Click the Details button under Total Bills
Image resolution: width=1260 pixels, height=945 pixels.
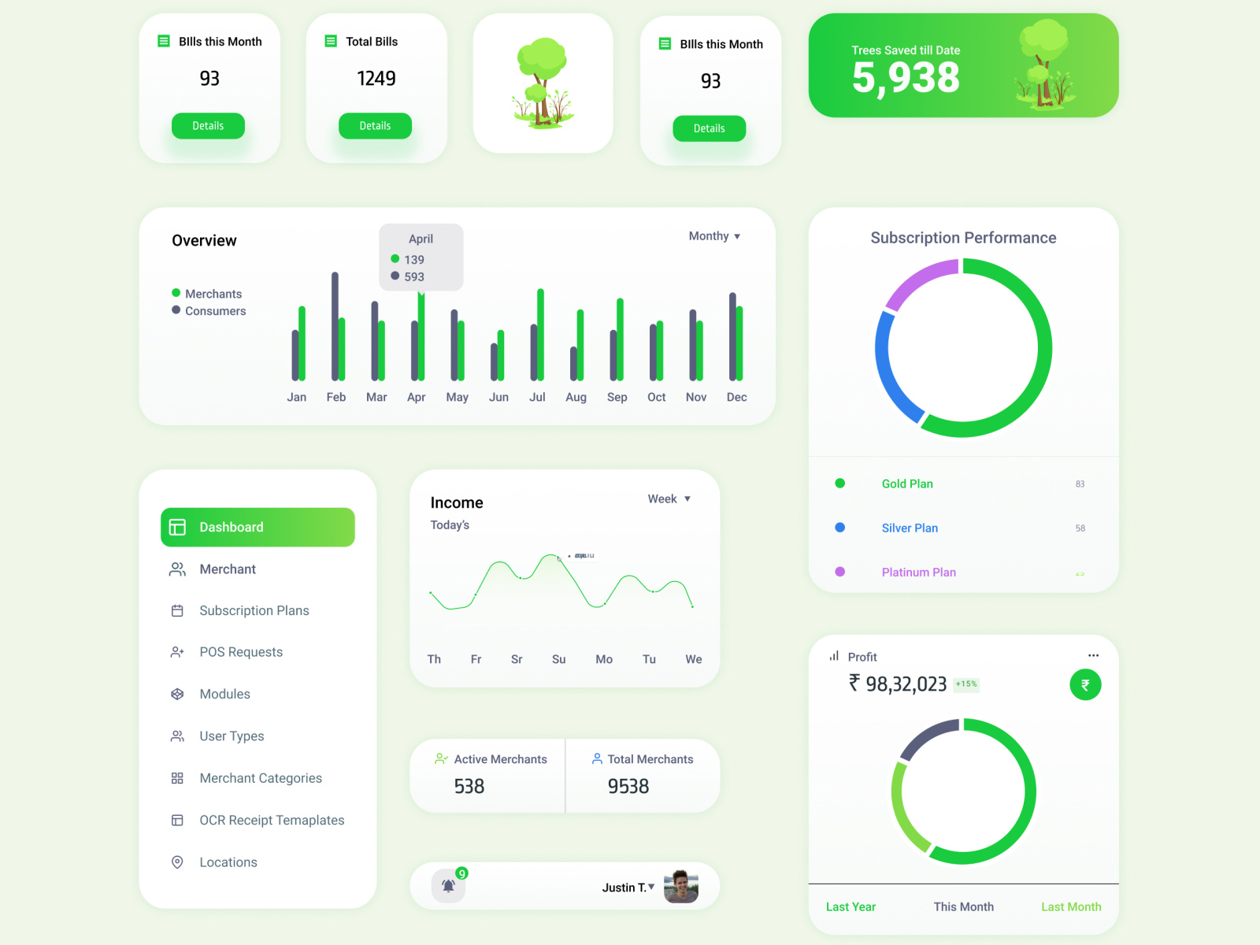(x=375, y=126)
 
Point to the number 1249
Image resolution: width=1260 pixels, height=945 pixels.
(x=376, y=79)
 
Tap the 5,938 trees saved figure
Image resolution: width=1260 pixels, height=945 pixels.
(x=906, y=77)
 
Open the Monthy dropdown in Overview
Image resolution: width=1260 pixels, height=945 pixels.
(x=714, y=236)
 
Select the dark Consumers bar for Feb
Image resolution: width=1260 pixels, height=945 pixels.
(x=335, y=326)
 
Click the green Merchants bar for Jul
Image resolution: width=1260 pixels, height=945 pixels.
(x=540, y=335)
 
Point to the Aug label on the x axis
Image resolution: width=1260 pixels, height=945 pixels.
(x=576, y=398)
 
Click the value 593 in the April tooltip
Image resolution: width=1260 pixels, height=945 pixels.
(x=414, y=277)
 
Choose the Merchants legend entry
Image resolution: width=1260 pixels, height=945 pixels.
(x=213, y=294)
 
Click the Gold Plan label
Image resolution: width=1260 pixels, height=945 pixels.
(x=907, y=484)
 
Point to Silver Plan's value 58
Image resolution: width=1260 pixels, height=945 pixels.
(x=1080, y=528)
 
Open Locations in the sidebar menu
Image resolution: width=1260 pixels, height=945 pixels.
(x=228, y=862)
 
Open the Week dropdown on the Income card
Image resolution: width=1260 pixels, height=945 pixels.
(x=669, y=499)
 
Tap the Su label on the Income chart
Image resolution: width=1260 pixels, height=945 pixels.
(x=558, y=660)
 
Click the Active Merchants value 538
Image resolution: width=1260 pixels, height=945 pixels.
(x=469, y=787)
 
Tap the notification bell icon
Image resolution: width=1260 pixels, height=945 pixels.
(x=448, y=886)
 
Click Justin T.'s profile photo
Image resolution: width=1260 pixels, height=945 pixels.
(x=680, y=887)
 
